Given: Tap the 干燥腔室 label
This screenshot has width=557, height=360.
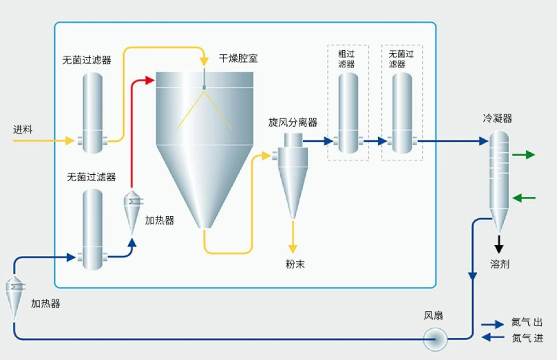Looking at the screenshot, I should tap(239, 58).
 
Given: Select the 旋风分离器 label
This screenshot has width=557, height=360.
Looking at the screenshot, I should tap(293, 123).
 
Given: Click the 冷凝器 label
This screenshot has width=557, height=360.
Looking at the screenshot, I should tap(497, 118).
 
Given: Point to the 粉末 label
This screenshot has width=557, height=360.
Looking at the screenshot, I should tap(295, 264).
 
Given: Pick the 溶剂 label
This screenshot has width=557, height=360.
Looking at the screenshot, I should tap(500, 264).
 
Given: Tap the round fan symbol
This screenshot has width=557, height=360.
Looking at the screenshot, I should tap(435, 338).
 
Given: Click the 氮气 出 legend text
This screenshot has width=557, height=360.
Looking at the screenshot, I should tap(527, 323).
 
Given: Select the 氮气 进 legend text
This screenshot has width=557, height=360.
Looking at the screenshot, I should tap(527, 338).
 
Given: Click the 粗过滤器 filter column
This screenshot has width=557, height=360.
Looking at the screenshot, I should tap(348, 113).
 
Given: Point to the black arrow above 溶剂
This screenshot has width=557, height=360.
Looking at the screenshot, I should tap(499, 243).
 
